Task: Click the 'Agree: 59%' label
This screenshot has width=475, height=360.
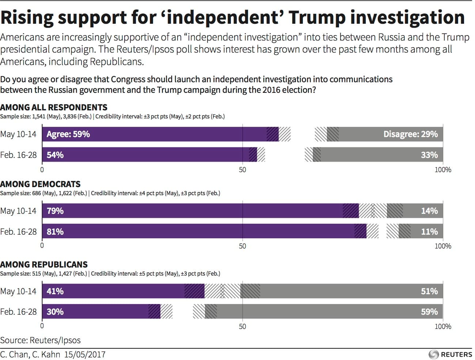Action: tap(68, 134)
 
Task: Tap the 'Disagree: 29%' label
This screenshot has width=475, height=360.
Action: tap(410, 134)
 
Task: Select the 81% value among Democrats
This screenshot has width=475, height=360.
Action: tap(55, 232)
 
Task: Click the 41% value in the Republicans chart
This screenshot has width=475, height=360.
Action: tap(55, 291)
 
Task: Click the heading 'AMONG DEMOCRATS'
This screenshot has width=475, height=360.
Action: tap(40, 184)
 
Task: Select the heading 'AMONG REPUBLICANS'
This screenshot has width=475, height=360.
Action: tap(44, 265)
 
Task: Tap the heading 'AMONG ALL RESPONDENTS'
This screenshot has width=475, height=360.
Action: tap(54, 107)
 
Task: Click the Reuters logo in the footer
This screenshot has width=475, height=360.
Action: tap(450, 354)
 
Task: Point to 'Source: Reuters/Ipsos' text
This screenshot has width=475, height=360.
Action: tap(40, 340)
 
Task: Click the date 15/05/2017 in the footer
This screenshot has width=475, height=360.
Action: tap(85, 355)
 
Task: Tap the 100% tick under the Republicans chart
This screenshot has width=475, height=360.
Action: tap(442, 327)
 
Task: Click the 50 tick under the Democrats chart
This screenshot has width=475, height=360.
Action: tap(242, 246)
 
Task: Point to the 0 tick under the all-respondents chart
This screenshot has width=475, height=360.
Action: tap(42, 170)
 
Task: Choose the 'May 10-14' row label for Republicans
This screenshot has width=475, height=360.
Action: tap(18, 291)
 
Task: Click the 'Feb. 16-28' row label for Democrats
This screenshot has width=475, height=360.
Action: tap(19, 232)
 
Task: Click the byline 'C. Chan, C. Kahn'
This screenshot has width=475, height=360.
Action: tap(30, 355)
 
